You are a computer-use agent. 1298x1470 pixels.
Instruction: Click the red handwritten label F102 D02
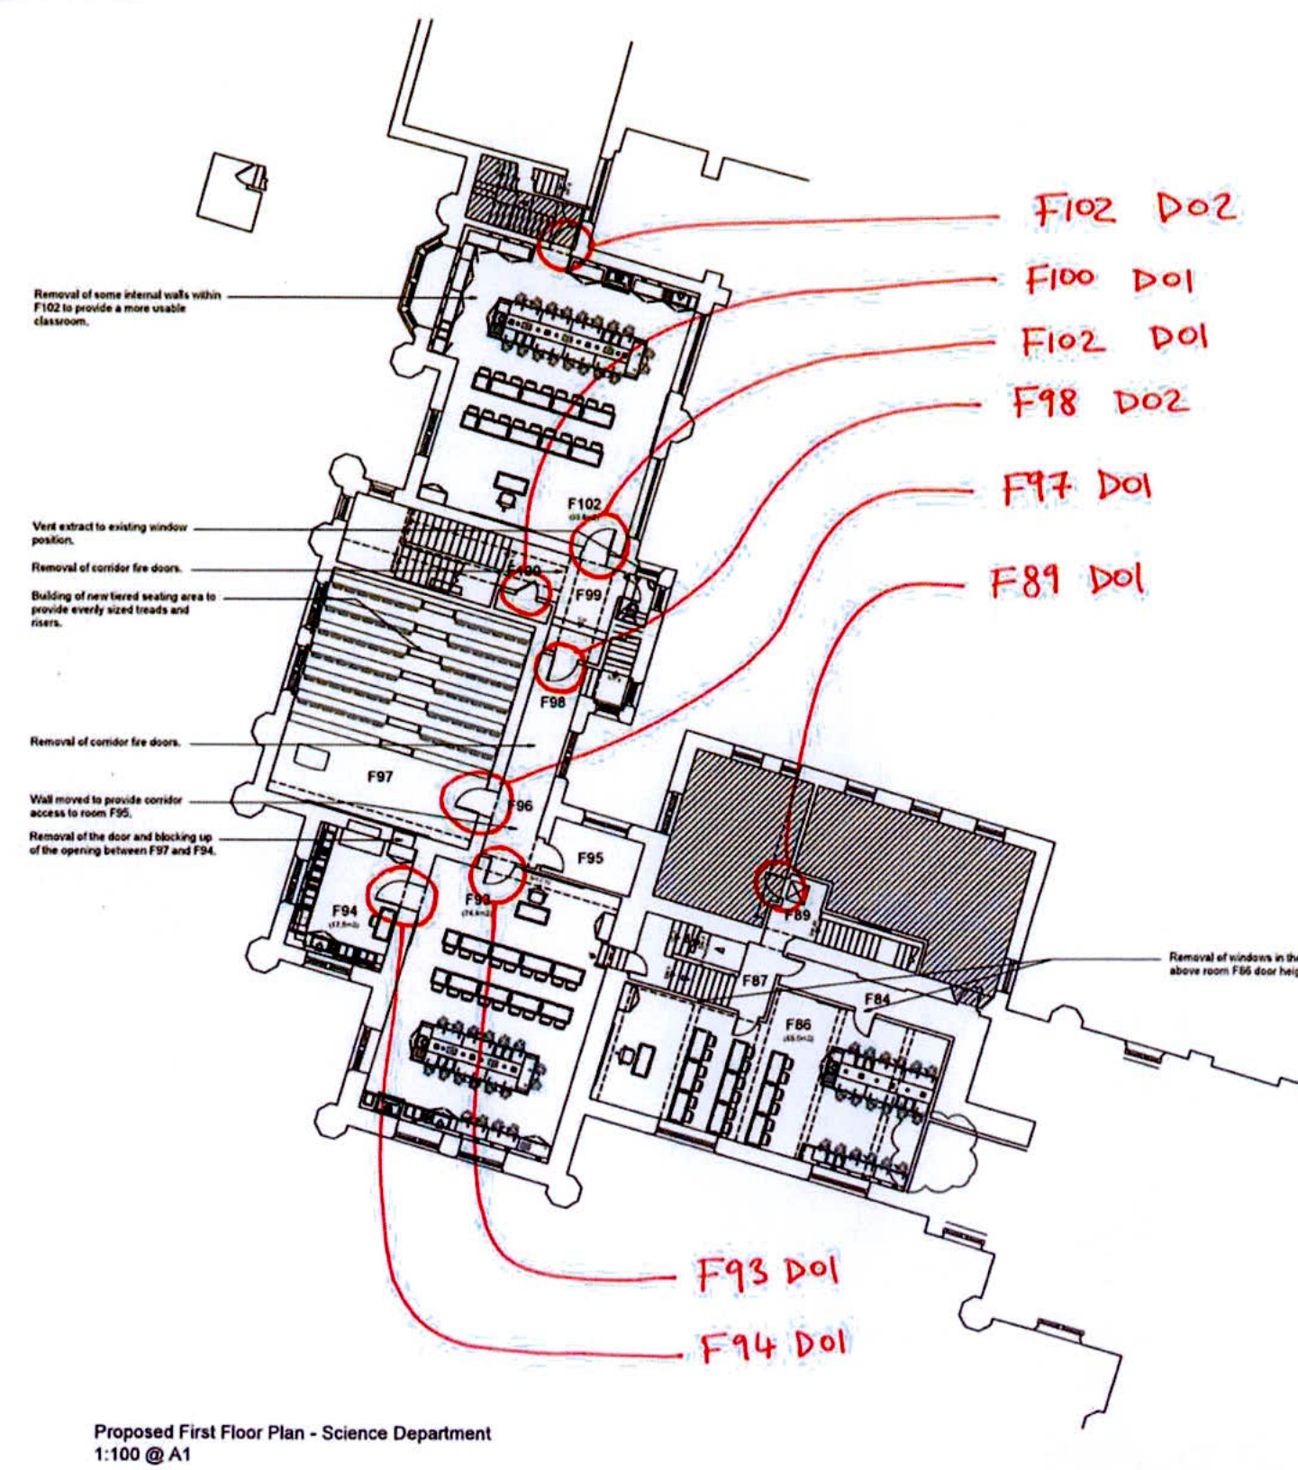pos(1133,209)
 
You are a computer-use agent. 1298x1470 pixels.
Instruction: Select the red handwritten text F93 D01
pos(767,1273)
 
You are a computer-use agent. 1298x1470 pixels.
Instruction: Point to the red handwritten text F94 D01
pos(774,1346)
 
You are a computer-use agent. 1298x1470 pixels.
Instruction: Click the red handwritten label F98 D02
pos(1100,401)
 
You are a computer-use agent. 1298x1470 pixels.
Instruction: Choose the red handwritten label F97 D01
pos(1076,487)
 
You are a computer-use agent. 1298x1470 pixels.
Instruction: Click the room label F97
pos(379,776)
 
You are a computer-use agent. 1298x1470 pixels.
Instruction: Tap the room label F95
pos(590,858)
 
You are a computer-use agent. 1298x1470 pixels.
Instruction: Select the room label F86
pos(798,1024)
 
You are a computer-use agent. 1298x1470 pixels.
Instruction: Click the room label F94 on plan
pos(343,911)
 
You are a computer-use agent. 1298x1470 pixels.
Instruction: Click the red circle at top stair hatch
pos(566,243)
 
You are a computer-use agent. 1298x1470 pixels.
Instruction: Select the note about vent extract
pos(109,533)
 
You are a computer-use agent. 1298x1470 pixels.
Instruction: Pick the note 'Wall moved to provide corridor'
pos(105,805)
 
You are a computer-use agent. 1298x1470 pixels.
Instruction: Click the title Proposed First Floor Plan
pos(293,1432)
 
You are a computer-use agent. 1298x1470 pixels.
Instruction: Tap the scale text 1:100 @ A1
pos(142,1454)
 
